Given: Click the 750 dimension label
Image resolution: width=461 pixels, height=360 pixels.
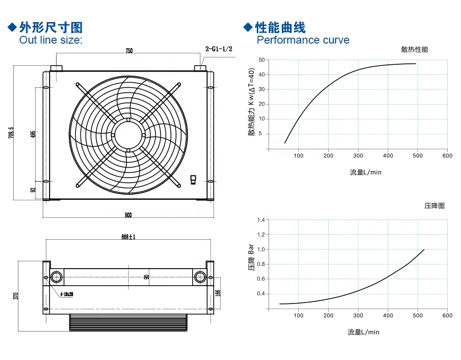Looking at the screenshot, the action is pos(129,51).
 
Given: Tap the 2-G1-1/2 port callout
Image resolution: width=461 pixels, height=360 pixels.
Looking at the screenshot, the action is pos(219,49).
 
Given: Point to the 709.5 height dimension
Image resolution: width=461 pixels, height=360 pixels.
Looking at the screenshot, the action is pos(11,133).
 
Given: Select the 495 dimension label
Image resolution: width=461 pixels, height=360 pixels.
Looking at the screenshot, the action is pos(33,134).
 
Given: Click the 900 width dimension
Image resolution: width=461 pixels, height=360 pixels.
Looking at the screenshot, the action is pos(128,215).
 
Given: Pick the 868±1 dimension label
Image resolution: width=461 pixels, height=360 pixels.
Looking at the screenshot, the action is pos(129,236).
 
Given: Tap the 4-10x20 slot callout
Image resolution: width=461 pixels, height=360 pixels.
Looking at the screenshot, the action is pos(67,294).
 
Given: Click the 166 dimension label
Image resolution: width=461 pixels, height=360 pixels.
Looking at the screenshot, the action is pos(218,293).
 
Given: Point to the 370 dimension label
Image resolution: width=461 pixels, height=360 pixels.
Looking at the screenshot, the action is pos(16,296).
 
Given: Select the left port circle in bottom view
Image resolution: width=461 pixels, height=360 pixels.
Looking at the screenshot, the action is pos(57,277).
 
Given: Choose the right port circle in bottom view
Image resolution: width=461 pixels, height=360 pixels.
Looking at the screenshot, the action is pos(200,277).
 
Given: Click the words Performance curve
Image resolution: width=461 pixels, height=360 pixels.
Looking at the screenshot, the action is pos(303,39).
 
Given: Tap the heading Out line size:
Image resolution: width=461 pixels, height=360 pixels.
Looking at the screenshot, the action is pos(51,39).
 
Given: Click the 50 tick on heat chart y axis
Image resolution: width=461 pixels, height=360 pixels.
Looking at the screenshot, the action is pos(262,60).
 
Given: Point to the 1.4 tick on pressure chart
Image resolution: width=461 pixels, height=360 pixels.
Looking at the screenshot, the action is pos(261,220).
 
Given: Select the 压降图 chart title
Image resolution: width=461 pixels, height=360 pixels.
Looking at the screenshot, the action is pos(434,206).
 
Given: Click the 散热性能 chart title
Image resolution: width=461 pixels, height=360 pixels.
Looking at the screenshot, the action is pos(415,49).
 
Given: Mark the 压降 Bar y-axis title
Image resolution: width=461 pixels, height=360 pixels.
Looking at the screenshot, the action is pos(251,257).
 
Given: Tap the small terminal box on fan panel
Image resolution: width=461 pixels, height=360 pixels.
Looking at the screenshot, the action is pos(193,180).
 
